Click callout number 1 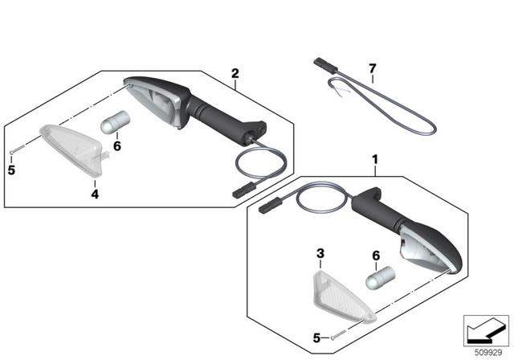click(x=374, y=161)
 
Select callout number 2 click(x=235, y=74)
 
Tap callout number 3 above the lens click(x=320, y=253)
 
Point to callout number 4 click(x=94, y=194)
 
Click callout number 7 click(x=372, y=68)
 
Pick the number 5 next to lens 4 click(x=11, y=170)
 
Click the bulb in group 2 click(x=115, y=122)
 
